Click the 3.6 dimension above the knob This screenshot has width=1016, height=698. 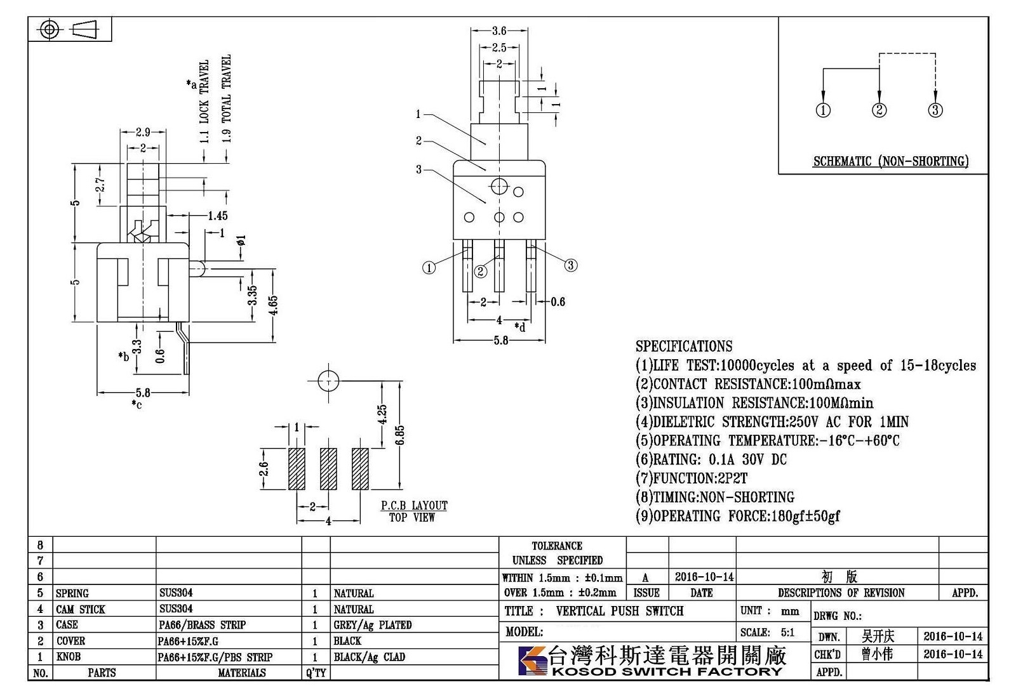498,30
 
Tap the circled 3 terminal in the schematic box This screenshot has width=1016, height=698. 935,110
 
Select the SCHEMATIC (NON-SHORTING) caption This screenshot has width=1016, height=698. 891,161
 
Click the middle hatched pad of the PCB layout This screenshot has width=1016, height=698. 328,469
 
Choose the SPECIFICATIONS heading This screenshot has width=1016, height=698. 683,346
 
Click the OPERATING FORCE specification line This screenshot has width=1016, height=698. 737,516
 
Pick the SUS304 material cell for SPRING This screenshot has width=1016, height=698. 176,593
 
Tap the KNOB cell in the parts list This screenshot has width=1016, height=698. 69,656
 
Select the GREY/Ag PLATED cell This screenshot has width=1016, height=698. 372,624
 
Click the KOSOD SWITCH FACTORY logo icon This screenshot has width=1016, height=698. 533,661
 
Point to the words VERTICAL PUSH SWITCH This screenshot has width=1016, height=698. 619,611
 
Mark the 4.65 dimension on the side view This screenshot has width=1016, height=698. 272,305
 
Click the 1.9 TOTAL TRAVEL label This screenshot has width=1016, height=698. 226,98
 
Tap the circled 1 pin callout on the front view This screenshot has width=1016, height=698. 429,268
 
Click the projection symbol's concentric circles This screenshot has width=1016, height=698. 50,29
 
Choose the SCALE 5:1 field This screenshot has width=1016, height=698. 768,632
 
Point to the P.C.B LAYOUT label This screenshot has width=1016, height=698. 413,505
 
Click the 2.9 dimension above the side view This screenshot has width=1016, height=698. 143,132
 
